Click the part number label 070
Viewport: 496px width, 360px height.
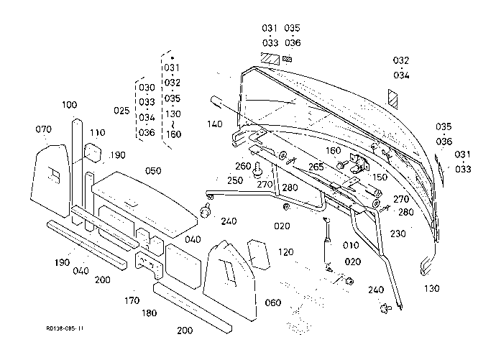click(43, 129)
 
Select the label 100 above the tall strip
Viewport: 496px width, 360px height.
click(69, 105)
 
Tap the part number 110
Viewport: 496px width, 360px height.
click(97, 133)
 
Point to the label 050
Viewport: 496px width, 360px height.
click(153, 171)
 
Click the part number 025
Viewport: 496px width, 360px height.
click(121, 111)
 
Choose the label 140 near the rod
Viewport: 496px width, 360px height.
click(215, 124)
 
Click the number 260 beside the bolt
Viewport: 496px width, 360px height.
click(243, 166)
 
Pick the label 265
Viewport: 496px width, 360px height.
click(316, 167)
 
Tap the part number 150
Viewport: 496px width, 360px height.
click(380, 177)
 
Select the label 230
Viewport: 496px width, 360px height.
click(398, 234)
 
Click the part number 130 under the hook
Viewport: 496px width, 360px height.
click(432, 288)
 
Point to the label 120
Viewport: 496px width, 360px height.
click(285, 252)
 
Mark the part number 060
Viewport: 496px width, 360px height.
click(273, 303)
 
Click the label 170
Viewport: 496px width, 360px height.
click(132, 300)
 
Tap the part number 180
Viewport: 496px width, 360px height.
click(149, 313)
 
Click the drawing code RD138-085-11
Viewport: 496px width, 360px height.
click(65, 328)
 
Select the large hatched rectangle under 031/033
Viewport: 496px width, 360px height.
click(270, 59)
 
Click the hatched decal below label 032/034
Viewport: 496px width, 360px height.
click(393, 99)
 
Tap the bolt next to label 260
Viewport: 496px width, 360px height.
click(259, 170)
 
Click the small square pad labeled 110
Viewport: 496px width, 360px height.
click(92, 152)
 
